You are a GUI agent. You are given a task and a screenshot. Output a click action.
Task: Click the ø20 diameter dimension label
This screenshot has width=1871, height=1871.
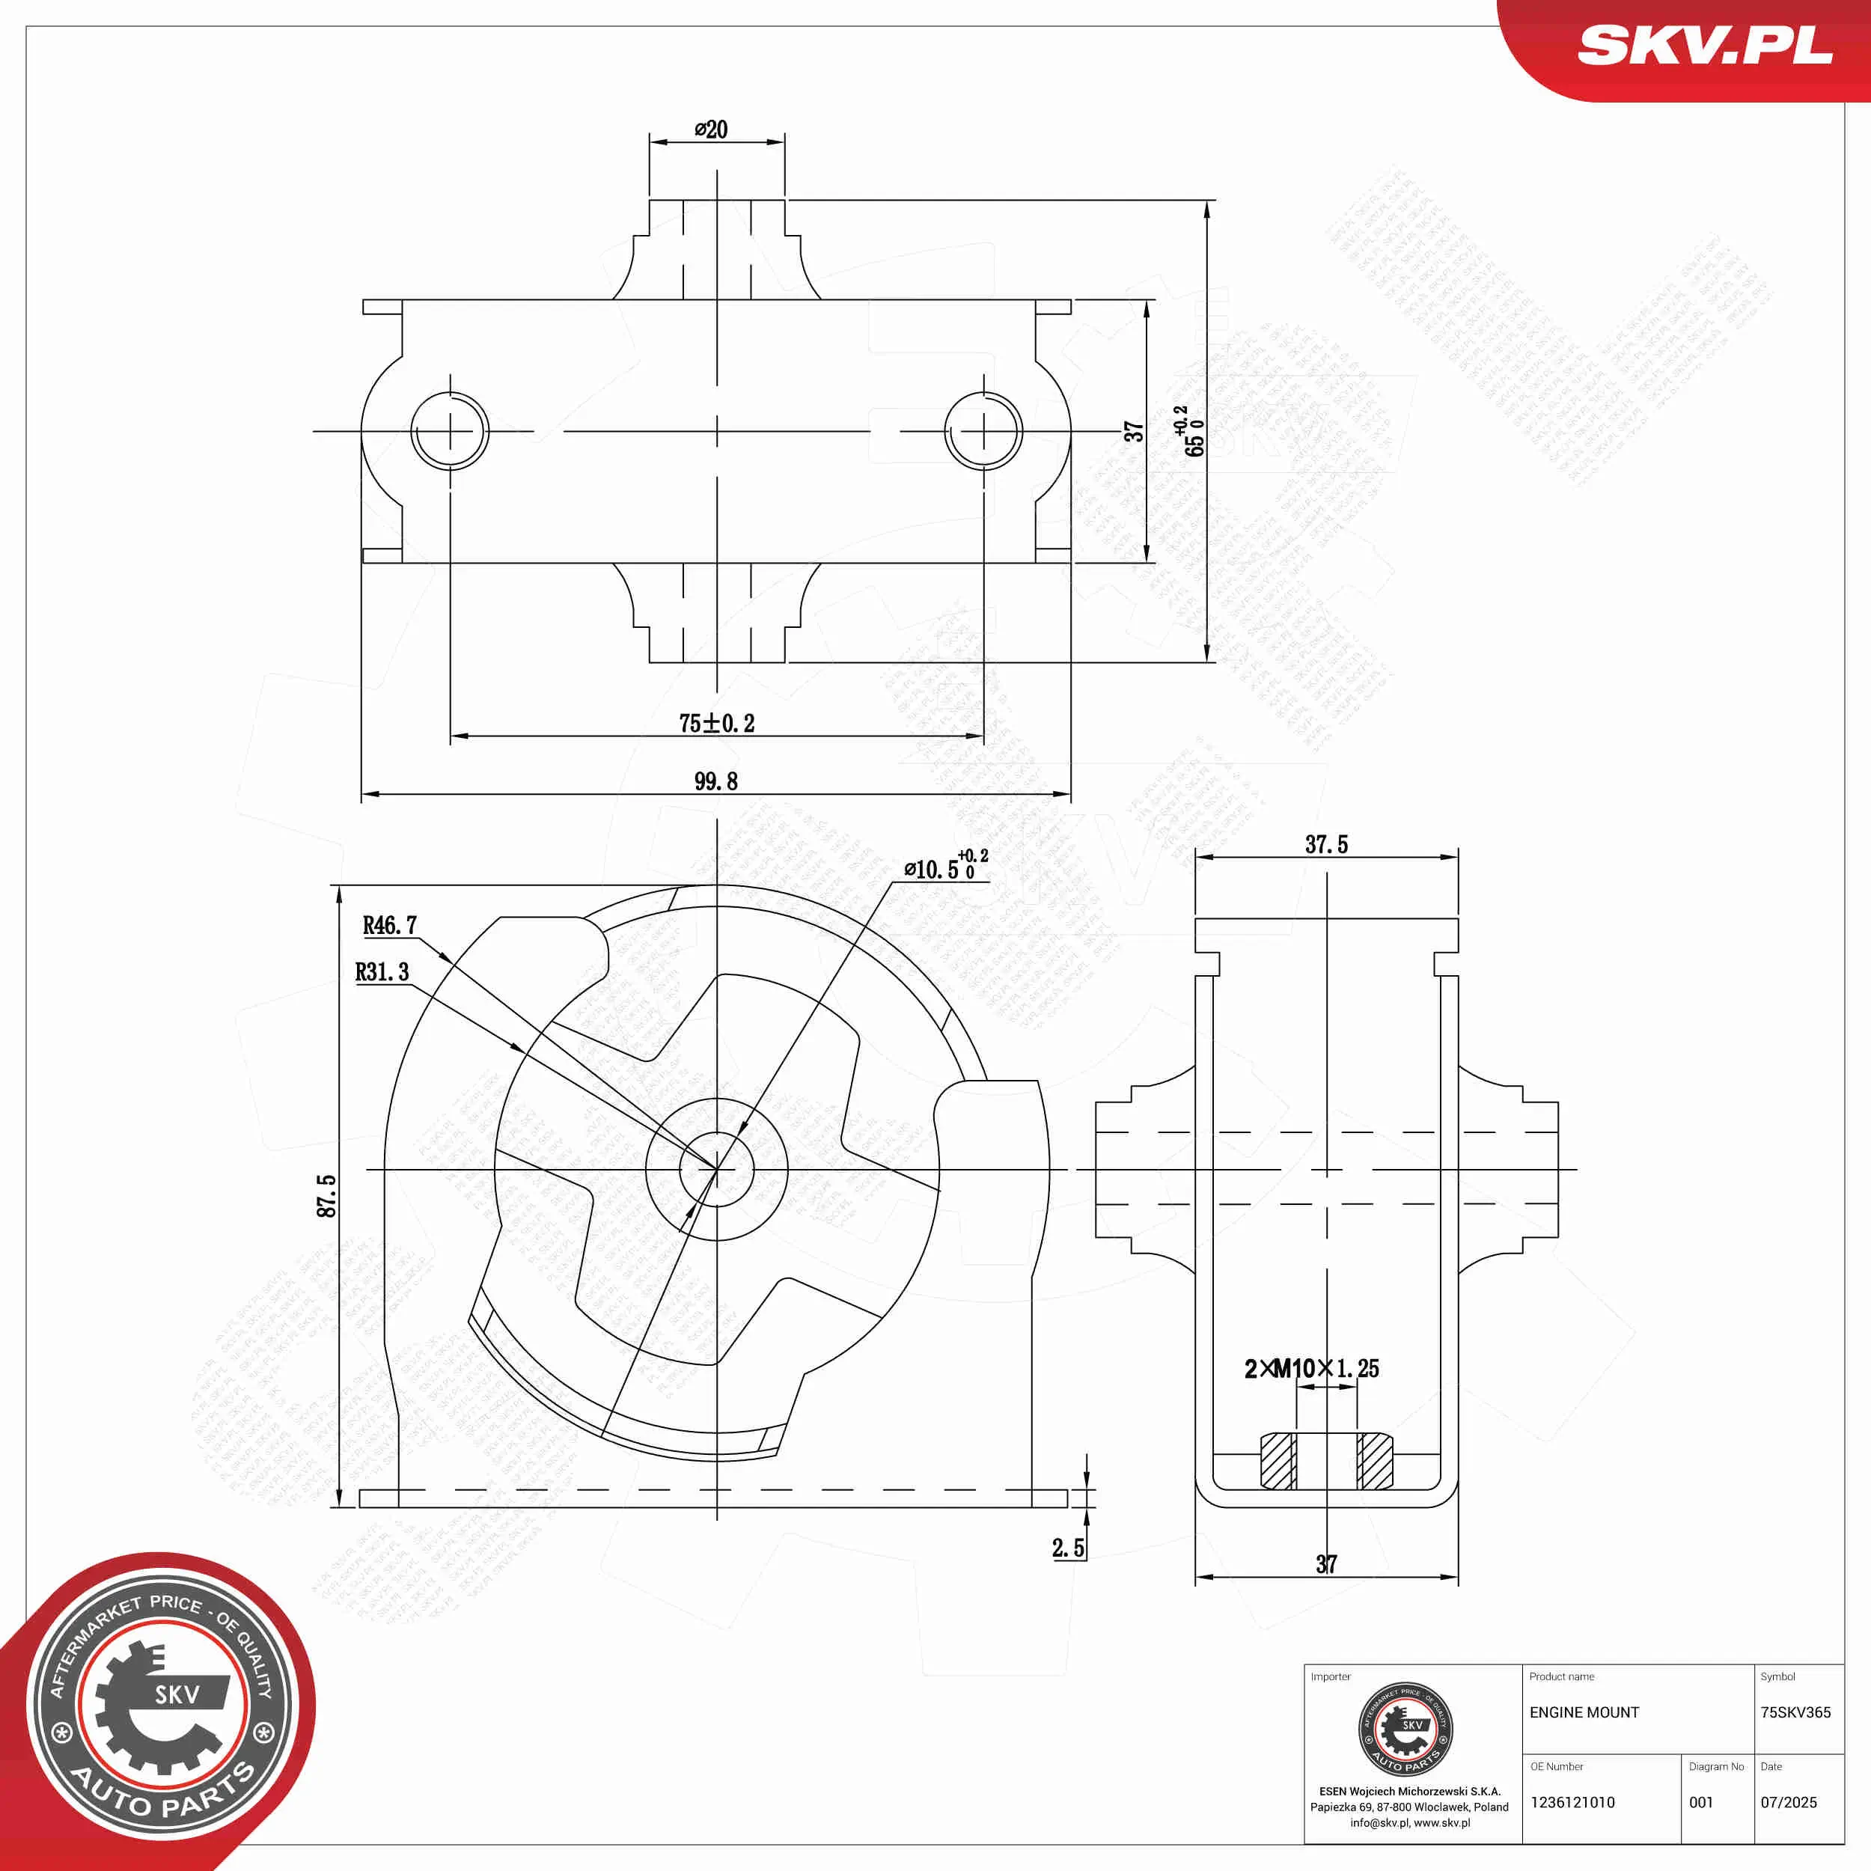click(711, 129)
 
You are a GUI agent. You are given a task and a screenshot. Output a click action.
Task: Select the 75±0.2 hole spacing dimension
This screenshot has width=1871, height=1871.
click(717, 724)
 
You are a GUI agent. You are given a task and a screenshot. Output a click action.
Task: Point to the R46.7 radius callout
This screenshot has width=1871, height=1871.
click(389, 926)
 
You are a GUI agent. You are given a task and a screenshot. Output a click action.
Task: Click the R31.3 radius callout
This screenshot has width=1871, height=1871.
click(382, 972)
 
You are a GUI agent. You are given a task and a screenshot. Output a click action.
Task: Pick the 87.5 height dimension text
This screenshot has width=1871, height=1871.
click(326, 1196)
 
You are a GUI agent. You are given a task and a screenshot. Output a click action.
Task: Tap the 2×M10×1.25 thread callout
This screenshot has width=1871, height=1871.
click(1311, 1368)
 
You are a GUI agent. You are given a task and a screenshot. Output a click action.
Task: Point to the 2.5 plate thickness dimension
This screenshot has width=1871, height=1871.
click(1068, 1548)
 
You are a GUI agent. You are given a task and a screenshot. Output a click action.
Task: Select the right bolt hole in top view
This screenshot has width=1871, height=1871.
click(983, 431)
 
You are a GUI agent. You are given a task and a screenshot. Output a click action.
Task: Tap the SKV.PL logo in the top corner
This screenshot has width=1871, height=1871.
click(1704, 46)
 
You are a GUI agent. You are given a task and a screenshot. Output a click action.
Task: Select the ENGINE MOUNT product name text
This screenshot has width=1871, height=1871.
click(1584, 1712)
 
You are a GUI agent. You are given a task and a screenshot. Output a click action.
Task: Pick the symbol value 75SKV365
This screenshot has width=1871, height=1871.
click(1795, 1712)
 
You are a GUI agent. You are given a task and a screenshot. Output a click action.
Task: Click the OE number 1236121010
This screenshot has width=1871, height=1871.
click(1572, 1802)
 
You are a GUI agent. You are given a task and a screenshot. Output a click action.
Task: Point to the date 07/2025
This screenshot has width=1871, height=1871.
click(1788, 1802)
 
